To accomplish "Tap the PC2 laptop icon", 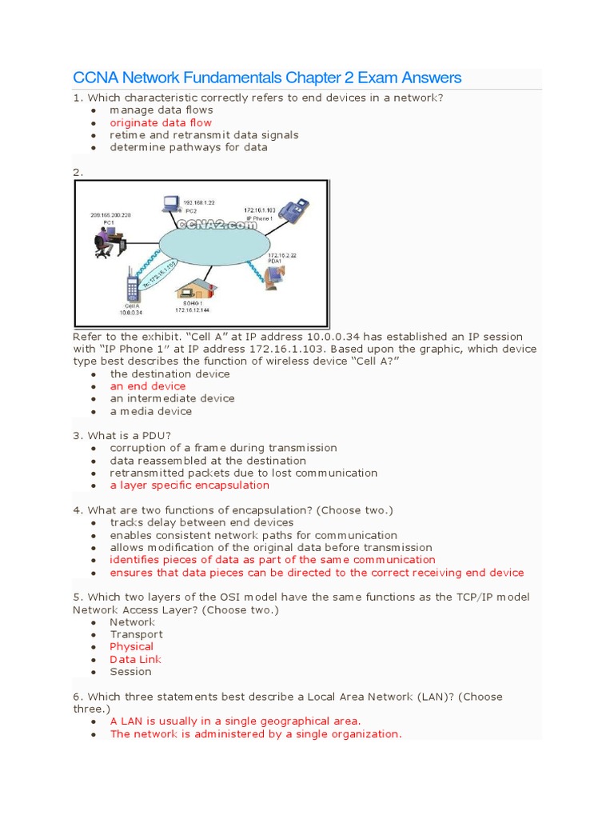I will pyautogui.click(x=171, y=205).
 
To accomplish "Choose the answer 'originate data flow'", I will pyautogui.click(x=161, y=122).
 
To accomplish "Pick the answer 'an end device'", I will pyautogui.click(x=148, y=386).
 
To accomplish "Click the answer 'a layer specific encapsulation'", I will pyautogui.click(x=189, y=485).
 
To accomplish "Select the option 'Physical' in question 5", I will pyautogui.click(x=132, y=646).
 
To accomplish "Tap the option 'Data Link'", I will pyautogui.click(x=136, y=659).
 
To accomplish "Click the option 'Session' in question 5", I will pyautogui.click(x=131, y=671).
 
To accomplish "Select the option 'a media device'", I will pyautogui.click(x=151, y=411).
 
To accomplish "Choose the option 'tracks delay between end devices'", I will pyautogui.click(x=201, y=522).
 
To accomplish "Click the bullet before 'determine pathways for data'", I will pyautogui.click(x=94, y=148).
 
